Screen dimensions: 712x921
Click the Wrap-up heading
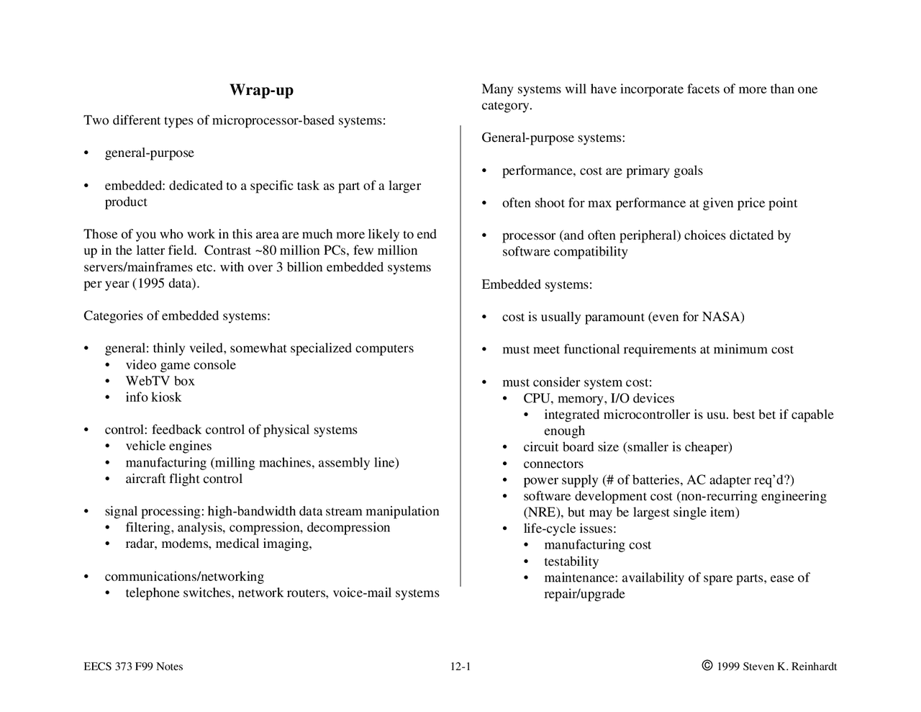point(261,90)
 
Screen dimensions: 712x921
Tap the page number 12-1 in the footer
point(460,667)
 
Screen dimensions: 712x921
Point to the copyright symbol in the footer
point(707,666)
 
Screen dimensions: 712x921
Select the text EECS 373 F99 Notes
point(133,667)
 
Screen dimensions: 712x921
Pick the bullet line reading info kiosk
point(153,397)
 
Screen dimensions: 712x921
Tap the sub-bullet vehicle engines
point(168,446)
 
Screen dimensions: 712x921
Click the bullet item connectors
point(553,464)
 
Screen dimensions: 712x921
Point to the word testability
point(571,562)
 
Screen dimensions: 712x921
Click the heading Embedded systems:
point(537,284)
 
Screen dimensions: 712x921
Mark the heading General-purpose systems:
point(553,138)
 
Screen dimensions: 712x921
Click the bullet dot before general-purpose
point(86,153)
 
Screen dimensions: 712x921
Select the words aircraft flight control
point(183,479)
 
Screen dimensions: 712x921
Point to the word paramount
point(614,317)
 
